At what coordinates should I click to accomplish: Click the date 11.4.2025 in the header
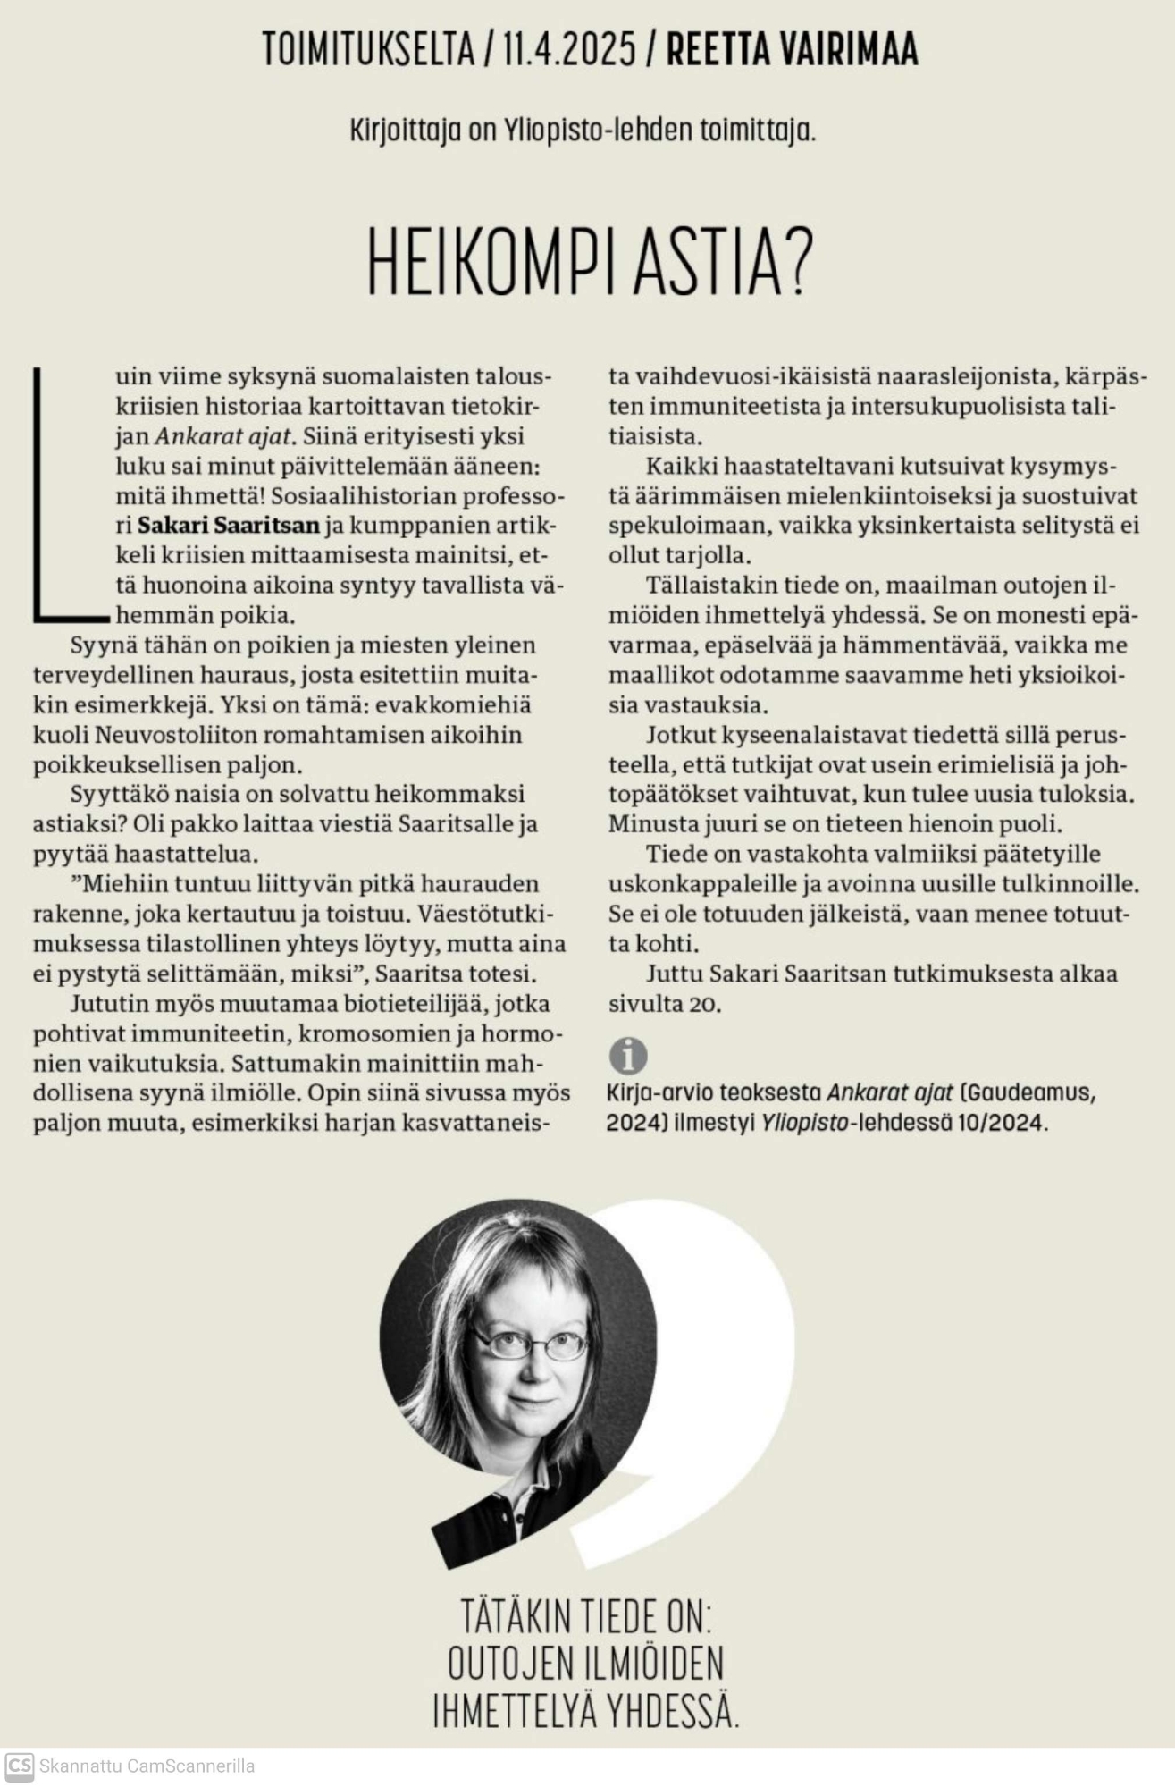(568, 49)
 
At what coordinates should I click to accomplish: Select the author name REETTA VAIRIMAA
(792, 49)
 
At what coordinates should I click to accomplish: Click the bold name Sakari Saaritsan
(228, 525)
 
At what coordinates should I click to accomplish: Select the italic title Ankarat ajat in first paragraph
(223, 436)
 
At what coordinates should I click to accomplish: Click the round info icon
(627, 1056)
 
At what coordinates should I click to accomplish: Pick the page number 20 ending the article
(704, 1004)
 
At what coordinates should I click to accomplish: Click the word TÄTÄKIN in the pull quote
(516, 1616)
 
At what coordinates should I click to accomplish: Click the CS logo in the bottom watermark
(19, 1766)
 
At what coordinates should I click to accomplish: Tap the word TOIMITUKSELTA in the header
(368, 49)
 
